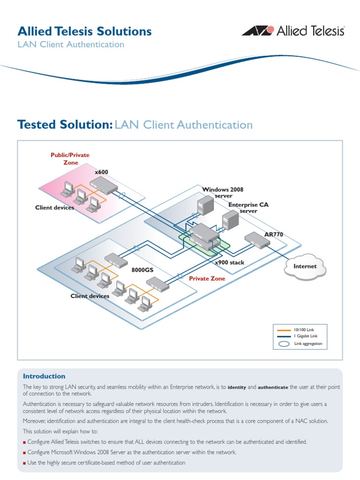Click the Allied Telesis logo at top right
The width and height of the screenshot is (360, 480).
(x=293, y=31)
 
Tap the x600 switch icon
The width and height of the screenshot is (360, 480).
(x=104, y=186)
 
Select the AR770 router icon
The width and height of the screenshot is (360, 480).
(x=257, y=240)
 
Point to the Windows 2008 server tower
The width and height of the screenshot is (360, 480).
(x=205, y=206)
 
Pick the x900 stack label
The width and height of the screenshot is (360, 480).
(x=230, y=262)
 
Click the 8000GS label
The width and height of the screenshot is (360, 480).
(x=142, y=270)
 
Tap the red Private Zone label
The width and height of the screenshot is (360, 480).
(x=207, y=278)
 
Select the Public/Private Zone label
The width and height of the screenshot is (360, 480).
(x=70, y=158)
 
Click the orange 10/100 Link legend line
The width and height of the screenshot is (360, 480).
(x=284, y=330)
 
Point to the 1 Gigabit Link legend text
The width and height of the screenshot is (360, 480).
(x=306, y=336)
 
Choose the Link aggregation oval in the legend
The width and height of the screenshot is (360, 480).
(x=284, y=344)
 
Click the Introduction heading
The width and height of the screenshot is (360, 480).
(x=44, y=376)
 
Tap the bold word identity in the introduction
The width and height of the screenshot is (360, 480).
(x=237, y=387)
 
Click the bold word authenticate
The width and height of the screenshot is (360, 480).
(x=273, y=387)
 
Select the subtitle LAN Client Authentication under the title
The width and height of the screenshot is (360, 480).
(x=71, y=45)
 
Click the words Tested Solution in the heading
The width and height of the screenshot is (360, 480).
(x=65, y=125)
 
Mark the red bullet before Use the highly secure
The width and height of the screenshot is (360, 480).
(x=24, y=463)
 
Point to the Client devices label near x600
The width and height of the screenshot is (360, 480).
(x=54, y=208)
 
